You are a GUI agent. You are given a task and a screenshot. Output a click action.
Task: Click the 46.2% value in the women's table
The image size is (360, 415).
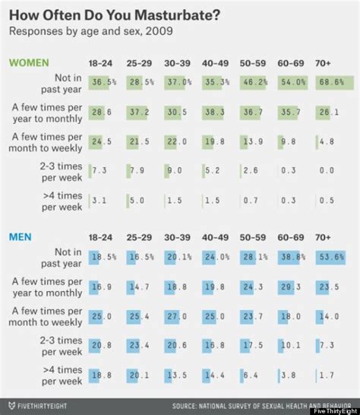pyautogui.click(x=255, y=81)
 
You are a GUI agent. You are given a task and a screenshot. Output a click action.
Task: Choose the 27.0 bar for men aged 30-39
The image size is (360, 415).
pyautogui.click(x=177, y=316)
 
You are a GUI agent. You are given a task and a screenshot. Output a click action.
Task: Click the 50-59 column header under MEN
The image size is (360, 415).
pyautogui.click(x=255, y=237)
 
